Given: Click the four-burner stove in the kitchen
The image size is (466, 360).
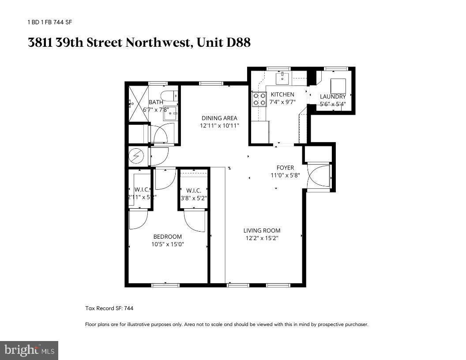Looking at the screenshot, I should coord(259,99).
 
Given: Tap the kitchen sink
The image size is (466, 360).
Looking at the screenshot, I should coord(282,79).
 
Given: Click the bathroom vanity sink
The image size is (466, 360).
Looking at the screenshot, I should coord(171,113).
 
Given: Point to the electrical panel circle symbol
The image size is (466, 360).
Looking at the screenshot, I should coord(135,156).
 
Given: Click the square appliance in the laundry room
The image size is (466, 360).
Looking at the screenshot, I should coord(339,85).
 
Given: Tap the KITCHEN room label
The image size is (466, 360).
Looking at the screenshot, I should coord(282,94).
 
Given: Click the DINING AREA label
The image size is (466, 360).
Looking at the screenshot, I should coord(219,118).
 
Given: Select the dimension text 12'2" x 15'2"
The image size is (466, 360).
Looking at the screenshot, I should coord(262,238).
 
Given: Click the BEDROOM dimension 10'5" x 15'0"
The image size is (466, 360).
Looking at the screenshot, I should coord(167,244).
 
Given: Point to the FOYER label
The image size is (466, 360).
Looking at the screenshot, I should coord(285,168).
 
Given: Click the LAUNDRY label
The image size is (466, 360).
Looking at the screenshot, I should coord(333,97).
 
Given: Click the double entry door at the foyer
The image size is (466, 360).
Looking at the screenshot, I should coord(319,177).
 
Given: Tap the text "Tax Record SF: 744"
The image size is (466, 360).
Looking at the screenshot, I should coord(109,308).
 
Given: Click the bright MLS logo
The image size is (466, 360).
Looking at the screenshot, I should coord(29,350).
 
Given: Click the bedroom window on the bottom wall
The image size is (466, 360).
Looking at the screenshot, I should coord(165,285).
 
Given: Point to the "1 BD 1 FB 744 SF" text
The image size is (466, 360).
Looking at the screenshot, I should coord(50,22).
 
